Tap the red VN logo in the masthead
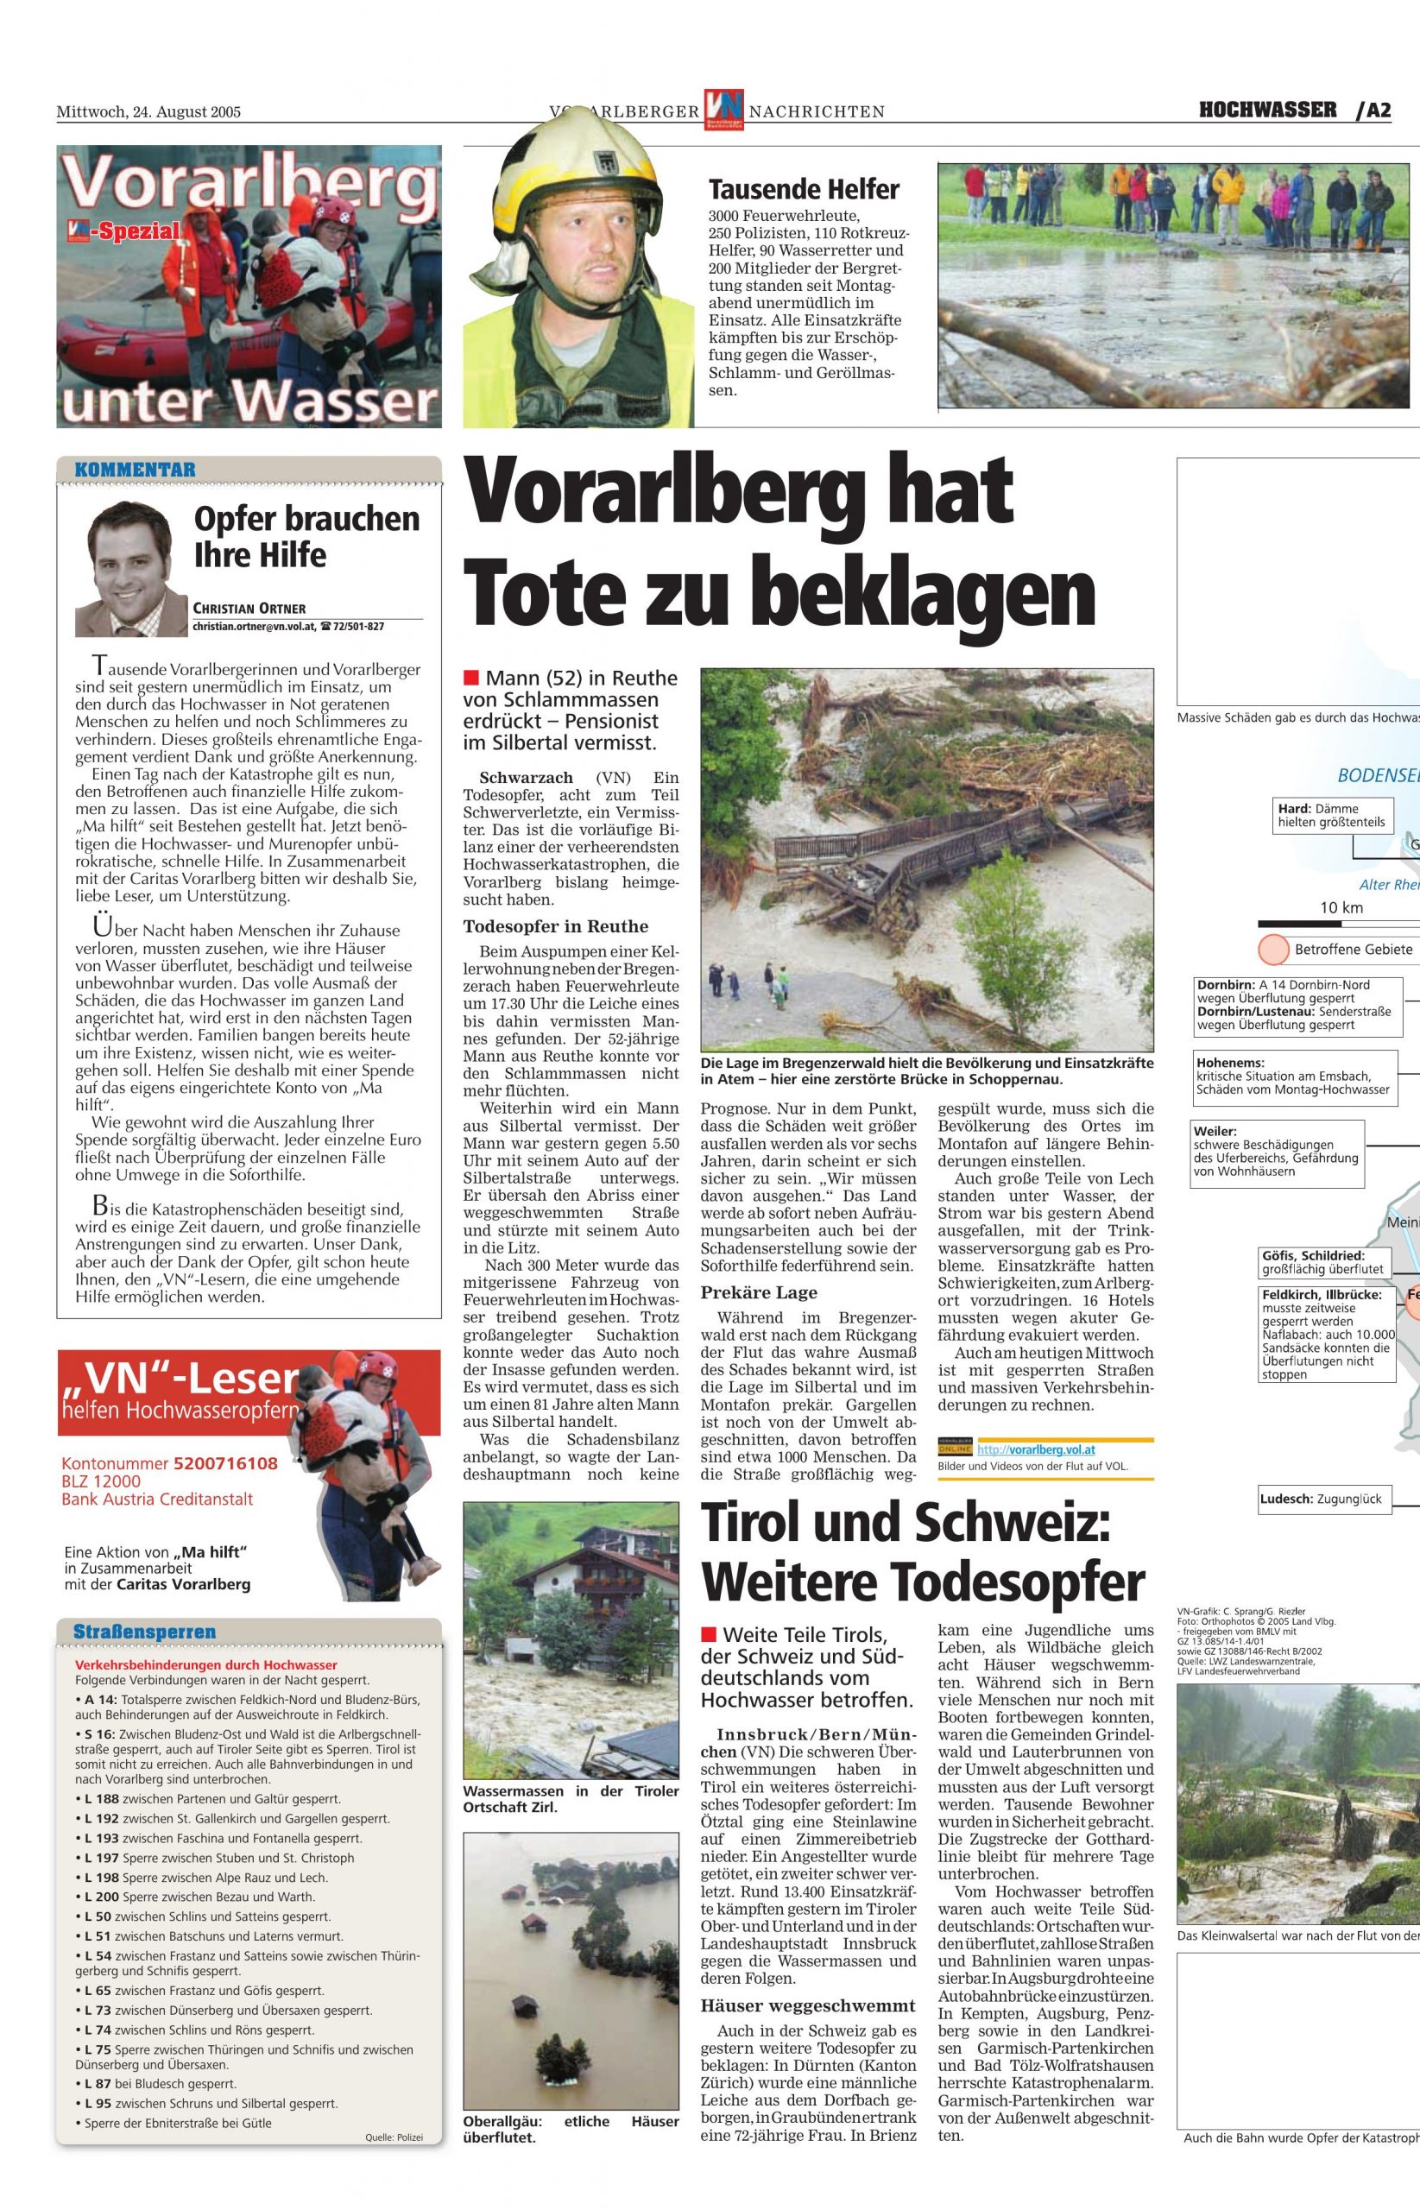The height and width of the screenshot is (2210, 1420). [725, 109]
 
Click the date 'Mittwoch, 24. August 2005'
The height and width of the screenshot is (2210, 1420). [148, 112]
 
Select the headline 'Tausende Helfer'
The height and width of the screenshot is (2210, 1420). [803, 190]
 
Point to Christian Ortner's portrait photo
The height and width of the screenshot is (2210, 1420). [131, 569]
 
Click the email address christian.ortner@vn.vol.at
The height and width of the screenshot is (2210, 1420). [255, 626]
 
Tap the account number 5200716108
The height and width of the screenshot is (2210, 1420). [225, 1463]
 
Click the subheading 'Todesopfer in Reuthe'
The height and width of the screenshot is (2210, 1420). [555, 926]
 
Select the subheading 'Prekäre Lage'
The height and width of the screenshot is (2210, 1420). [759, 1292]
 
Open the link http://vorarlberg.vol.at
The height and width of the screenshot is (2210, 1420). [1036, 1449]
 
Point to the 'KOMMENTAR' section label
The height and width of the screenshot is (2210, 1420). [135, 470]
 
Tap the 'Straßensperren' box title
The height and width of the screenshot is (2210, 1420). [145, 1631]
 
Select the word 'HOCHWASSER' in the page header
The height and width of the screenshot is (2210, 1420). [1267, 110]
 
